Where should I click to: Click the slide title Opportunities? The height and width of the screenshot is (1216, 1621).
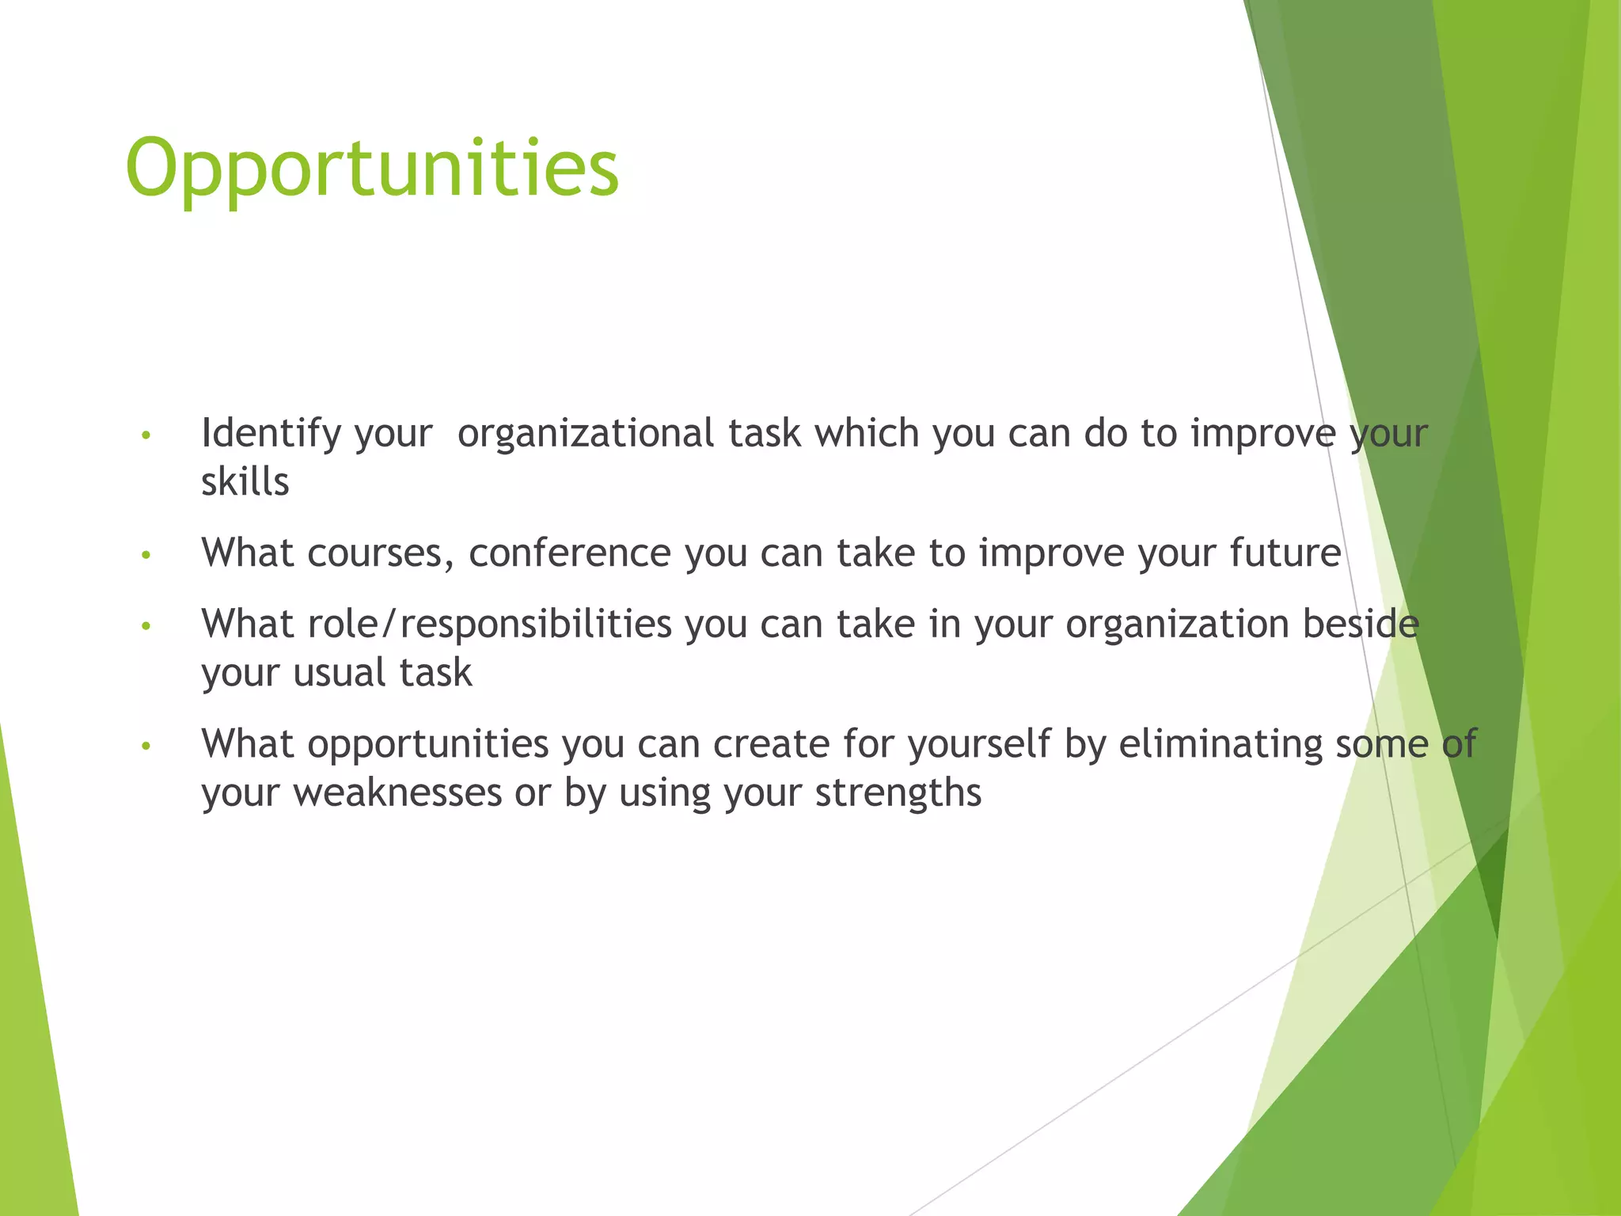372,169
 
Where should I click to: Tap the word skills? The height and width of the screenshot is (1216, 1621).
245,481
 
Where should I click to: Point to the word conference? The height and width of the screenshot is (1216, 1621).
569,553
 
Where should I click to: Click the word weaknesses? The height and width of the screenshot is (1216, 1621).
397,792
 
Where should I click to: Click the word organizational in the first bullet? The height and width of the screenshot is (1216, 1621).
586,434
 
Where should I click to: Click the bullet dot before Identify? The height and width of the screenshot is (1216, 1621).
145,435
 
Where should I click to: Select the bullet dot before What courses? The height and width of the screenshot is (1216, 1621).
145,555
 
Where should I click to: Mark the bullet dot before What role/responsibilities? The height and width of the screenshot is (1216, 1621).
145,626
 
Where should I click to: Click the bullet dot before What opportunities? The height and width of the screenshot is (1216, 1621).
145,746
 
